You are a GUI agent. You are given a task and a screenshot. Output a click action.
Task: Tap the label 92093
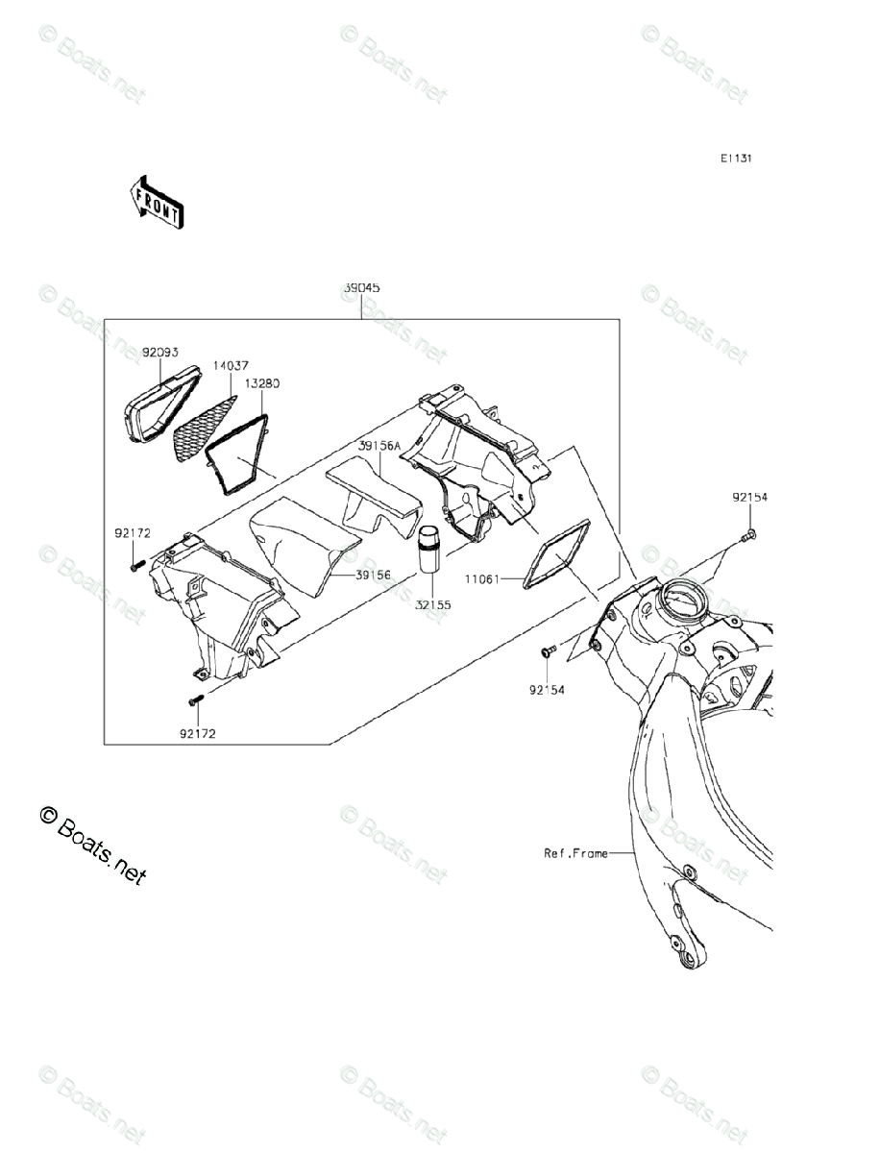coord(160,353)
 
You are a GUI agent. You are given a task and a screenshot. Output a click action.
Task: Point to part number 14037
coord(231,366)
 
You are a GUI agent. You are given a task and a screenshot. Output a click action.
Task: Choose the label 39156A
coord(379,447)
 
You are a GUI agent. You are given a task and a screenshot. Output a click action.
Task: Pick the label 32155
coord(432,605)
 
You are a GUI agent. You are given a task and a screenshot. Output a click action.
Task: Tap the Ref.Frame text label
coord(575,852)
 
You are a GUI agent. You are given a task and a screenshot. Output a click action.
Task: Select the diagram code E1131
coord(737,159)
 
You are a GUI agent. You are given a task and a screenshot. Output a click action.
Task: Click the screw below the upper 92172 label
coord(137,567)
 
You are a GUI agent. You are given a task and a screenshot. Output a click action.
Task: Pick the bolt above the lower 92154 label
coord(548,652)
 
